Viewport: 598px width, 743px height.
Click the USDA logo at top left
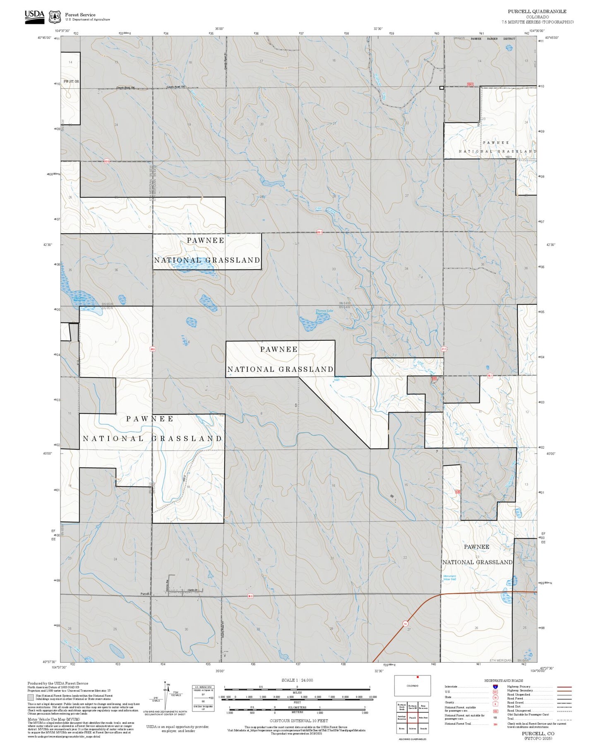pos(34,16)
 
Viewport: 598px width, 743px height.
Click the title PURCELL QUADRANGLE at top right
pos(537,12)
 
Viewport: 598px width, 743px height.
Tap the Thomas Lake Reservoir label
pos(324,312)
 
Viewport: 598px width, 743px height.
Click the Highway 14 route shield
pos(404,622)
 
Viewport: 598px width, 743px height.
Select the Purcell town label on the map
pos(145,593)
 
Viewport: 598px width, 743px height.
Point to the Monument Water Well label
pos(449,577)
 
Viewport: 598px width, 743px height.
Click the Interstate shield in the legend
pos(495,686)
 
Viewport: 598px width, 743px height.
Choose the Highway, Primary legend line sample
pos(564,687)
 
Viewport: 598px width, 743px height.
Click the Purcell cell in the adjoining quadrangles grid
pos(412,717)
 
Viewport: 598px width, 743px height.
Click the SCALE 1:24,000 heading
pos(297,680)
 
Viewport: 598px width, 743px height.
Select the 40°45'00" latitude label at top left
pos(44,38)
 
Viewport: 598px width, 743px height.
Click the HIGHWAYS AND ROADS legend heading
pos(504,680)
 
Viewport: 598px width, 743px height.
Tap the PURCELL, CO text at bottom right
pos(538,733)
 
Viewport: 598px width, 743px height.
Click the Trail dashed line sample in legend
pos(564,720)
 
